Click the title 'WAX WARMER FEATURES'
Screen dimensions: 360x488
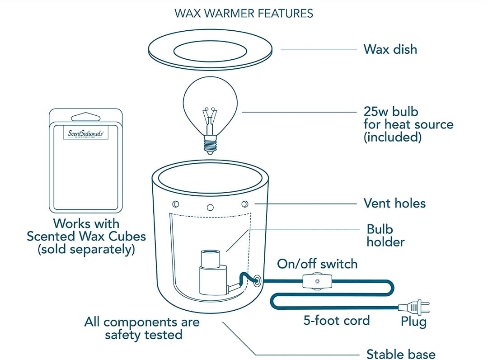click(x=244, y=13)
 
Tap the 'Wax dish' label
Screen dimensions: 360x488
click(x=390, y=49)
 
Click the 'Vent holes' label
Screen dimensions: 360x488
click(x=394, y=203)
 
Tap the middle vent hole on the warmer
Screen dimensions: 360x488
click(x=210, y=208)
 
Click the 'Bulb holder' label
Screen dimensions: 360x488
click(x=385, y=235)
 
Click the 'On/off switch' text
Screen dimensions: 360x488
click(x=317, y=264)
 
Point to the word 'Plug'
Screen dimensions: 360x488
click(x=413, y=322)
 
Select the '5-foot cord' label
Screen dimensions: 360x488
click(x=337, y=321)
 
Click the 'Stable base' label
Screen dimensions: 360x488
click(x=401, y=354)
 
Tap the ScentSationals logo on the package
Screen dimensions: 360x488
click(x=85, y=133)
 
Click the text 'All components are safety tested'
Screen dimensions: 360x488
click(x=142, y=328)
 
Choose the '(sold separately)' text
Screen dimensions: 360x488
click(x=86, y=249)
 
